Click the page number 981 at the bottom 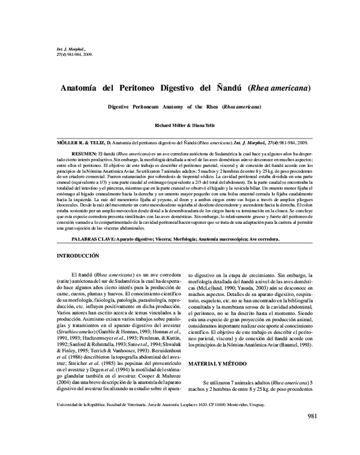[317, 433]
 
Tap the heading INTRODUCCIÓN [78, 256]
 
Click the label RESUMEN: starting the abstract [85, 154]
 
